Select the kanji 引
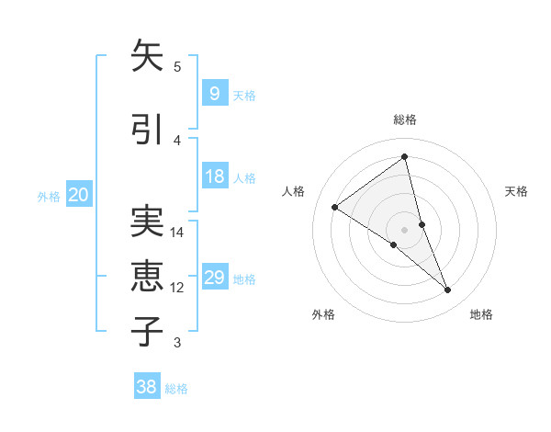coord(147,130)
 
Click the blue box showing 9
coord(214,93)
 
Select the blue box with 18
coord(214,176)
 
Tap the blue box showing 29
coord(214,278)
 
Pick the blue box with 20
coord(78,195)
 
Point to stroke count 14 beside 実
coord(177,233)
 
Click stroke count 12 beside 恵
coord(177,288)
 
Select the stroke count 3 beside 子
coord(177,343)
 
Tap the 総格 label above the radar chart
coord(404,119)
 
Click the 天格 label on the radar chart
coord(516,191)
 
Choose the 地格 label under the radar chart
coord(481,314)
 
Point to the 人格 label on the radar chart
coord(294,191)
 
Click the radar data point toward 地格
coord(448,290)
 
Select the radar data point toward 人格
coord(335,207)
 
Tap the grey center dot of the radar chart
coord(404,229)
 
